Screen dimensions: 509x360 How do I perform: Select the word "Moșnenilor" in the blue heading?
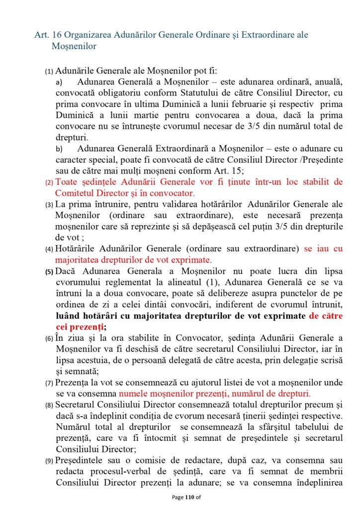[x=74, y=46]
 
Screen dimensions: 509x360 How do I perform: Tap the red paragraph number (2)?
[x=49, y=182]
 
